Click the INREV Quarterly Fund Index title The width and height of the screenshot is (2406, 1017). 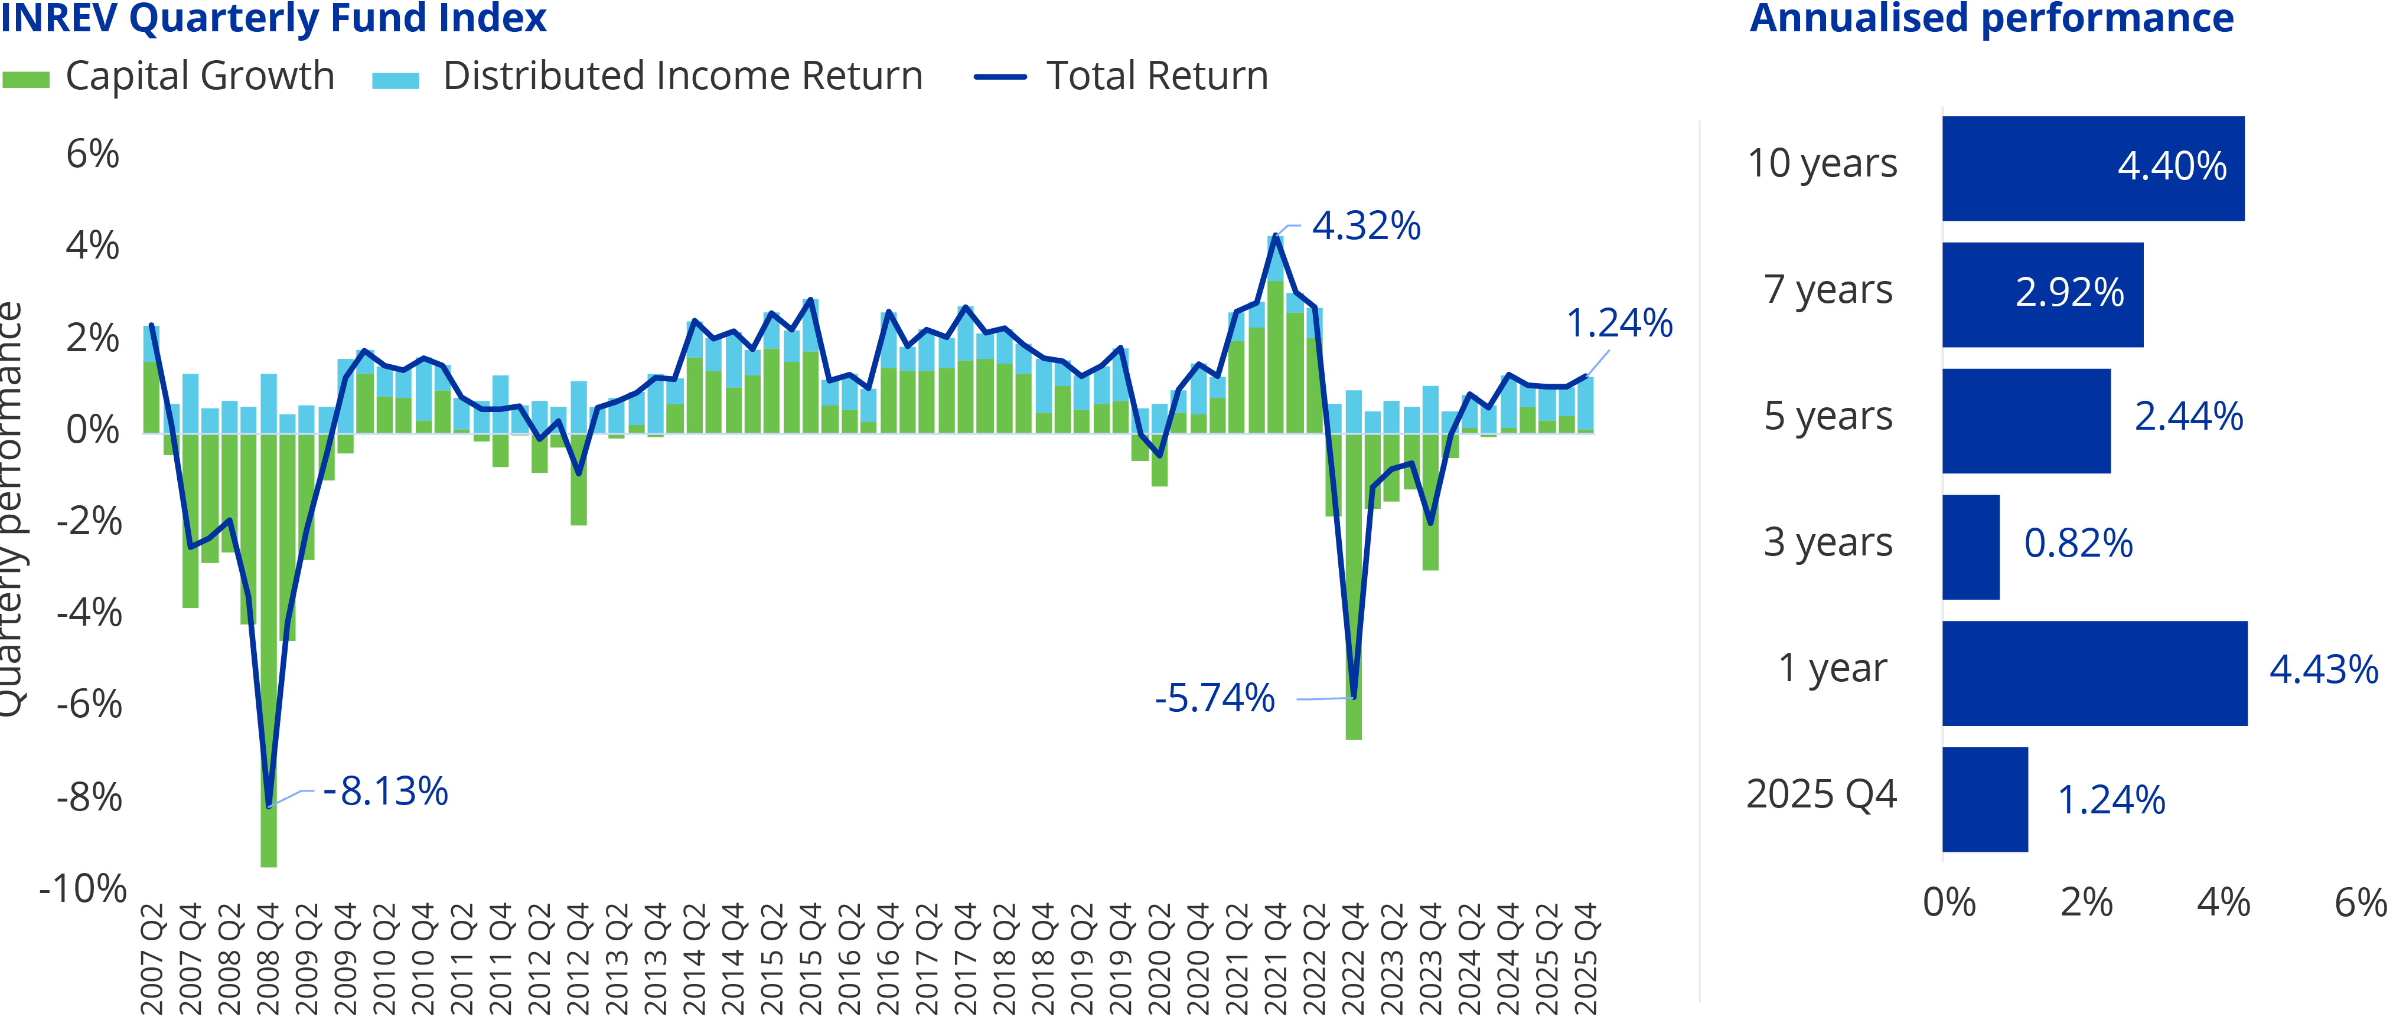point(273,19)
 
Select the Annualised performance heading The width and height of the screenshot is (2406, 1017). point(1991,19)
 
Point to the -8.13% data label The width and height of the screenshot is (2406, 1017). point(386,792)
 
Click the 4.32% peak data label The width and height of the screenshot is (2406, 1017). point(1365,226)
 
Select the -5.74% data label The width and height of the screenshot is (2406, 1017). point(1214,698)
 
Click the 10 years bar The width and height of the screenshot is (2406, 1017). point(2092,168)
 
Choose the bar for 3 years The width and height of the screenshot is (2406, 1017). point(1971,547)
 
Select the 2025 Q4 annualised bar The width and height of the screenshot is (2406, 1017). point(1985,799)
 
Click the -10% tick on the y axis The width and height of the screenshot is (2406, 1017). point(82,889)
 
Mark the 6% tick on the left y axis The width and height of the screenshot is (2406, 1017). point(93,154)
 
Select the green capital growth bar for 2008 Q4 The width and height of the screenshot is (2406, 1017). point(269,654)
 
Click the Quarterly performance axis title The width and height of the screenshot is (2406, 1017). point(11,509)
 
